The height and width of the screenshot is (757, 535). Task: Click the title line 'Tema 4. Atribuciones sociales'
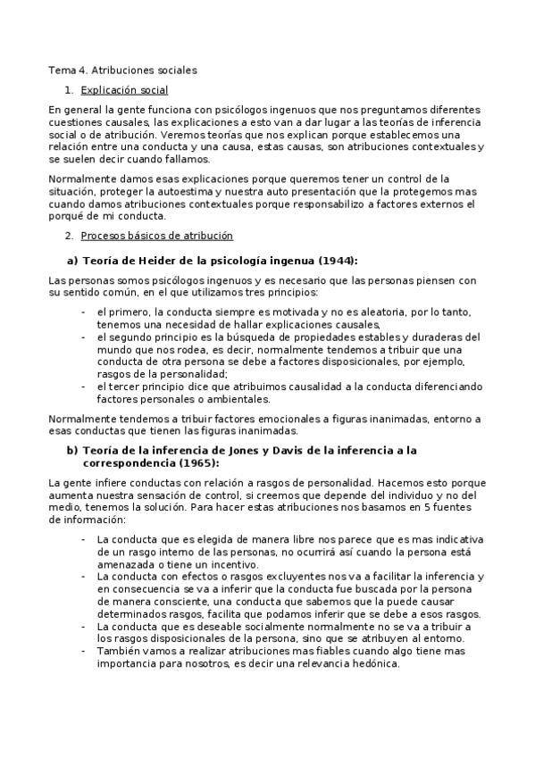pyautogui.click(x=123, y=69)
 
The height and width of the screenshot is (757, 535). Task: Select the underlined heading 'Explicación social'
pyautogui.click(x=124, y=90)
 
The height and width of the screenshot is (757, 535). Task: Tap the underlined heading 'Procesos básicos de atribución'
pyautogui.click(x=156, y=235)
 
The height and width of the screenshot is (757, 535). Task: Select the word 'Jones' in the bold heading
pyautogui.click(x=238, y=450)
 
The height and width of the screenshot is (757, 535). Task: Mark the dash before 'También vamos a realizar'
pyautogui.click(x=83, y=651)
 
